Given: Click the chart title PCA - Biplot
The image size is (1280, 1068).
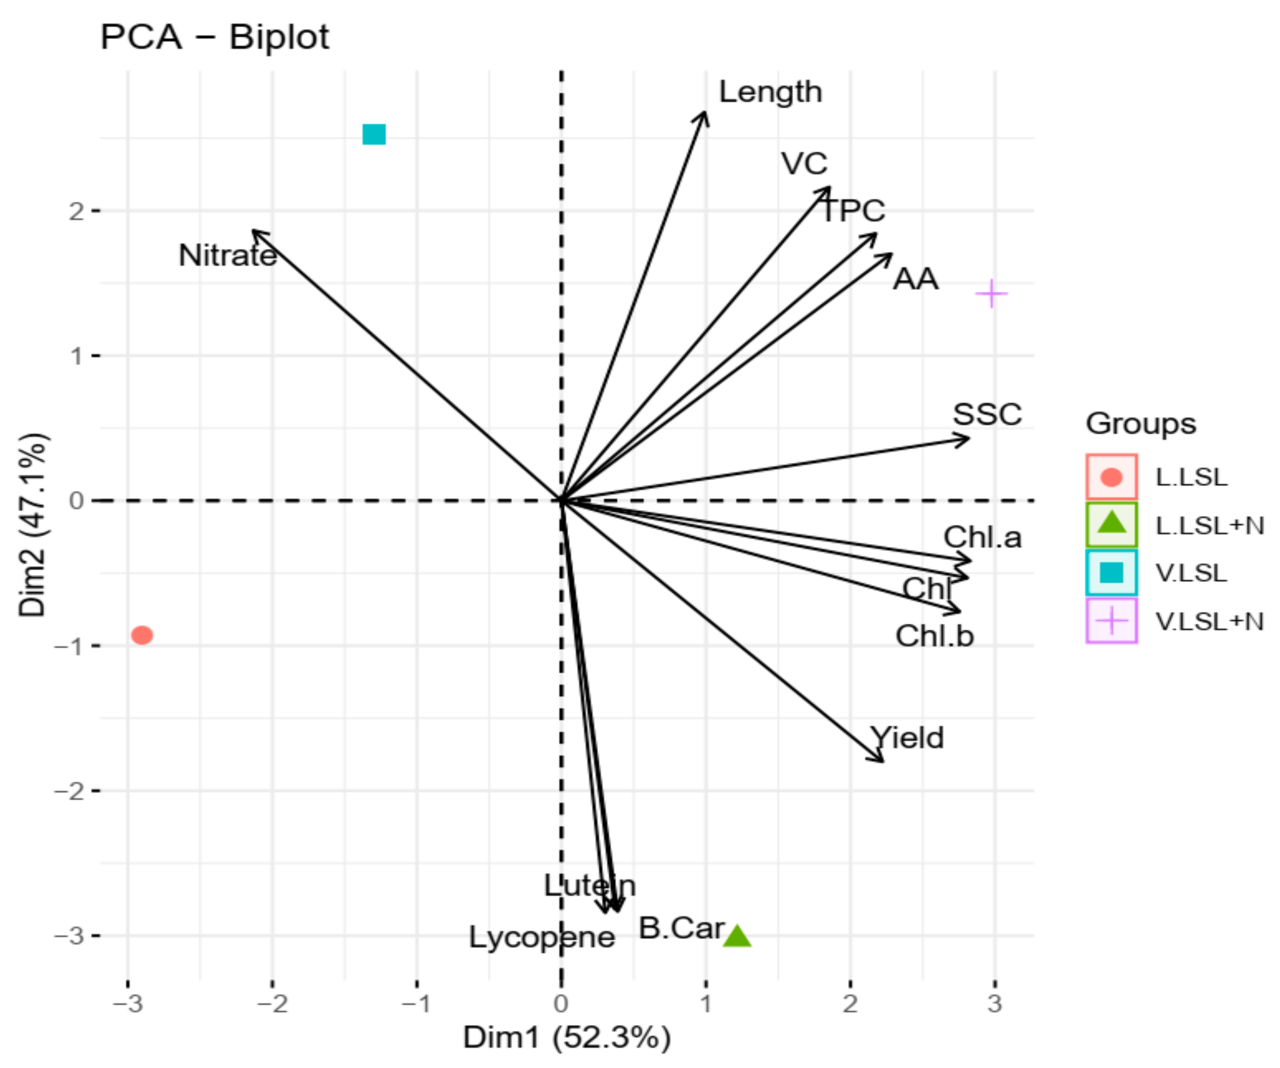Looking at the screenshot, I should pyautogui.click(x=214, y=37).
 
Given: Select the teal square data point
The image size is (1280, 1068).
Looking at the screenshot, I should pyautogui.click(x=374, y=134).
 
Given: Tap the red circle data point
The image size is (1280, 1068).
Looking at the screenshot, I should pyautogui.click(x=142, y=635).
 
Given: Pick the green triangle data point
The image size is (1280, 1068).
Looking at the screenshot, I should pyautogui.click(x=737, y=936).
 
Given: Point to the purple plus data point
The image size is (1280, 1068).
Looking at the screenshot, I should pyautogui.click(x=991, y=294).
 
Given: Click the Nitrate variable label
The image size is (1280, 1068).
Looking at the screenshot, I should pyautogui.click(x=227, y=255).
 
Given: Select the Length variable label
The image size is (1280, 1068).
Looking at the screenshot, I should pyautogui.click(x=771, y=93).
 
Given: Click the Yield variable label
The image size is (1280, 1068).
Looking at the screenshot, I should pyautogui.click(x=908, y=738).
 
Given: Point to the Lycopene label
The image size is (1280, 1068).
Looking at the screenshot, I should pyautogui.click(x=541, y=937).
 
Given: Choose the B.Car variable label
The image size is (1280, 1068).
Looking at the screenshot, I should pyautogui.click(x=681, y=929).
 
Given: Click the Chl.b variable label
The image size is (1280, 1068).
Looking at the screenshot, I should pyautogui.click(x=934, y=636).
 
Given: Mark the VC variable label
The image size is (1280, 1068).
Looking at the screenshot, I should pyautogui.click(x=804, y=163).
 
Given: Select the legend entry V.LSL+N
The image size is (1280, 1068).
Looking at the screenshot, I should pyautogui.click(x=1209, y=622).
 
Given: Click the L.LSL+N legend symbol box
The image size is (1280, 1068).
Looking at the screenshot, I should pyautogui.click(x=1111, y=524).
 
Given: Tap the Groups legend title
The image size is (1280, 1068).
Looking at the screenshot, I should pyautogui.click(x=1141, y=423).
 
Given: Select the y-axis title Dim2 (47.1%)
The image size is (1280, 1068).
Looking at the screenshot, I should pyautogui.click(x=32, y=525).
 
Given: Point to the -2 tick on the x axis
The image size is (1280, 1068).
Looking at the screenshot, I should pyautogui.click(x=272, y=1003).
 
